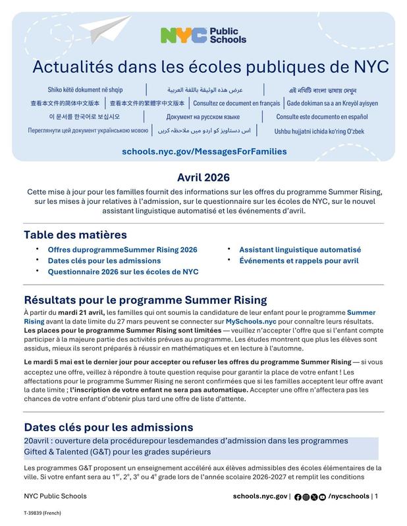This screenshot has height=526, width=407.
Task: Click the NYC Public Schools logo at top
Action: point(203,36)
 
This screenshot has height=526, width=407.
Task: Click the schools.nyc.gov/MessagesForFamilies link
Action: point(204,151)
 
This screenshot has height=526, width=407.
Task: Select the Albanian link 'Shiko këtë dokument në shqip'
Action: point(85,89)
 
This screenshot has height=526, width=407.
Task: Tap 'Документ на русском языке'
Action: point(203,117)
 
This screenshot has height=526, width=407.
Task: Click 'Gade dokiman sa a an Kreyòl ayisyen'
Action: point(332,103)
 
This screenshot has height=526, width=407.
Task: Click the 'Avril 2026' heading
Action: point(203,177)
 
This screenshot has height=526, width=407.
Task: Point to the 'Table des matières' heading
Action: point(75,235)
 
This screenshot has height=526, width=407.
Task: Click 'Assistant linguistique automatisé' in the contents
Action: point(300,250)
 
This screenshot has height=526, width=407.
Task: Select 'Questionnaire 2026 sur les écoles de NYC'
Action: point(122,271)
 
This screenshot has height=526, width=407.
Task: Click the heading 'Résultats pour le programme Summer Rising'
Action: point(145,300)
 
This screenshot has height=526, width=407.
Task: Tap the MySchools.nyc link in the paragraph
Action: point(263,322)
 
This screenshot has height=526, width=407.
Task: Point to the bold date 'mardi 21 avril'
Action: point(82,312)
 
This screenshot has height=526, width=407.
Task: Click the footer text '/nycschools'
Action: point(348,496)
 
